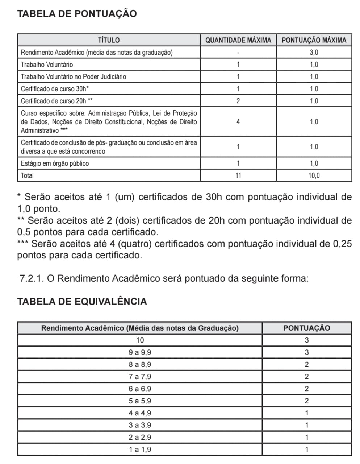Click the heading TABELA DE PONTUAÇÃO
[77, 14]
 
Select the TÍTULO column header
[109, 40]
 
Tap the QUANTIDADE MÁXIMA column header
[238, 40]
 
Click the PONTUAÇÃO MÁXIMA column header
[314, 40]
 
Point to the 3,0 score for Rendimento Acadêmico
[314, 52]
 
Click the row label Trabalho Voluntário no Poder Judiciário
[74, 76]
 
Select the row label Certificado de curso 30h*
[55, 89]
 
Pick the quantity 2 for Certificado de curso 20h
[238, 101]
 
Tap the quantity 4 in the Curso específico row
[238, 122]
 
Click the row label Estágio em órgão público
[55, 163]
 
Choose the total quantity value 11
[238, 175]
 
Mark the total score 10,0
[314, 175]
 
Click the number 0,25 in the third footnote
[342, 244]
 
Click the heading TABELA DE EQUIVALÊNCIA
[82, 302]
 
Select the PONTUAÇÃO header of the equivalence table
[306, 328]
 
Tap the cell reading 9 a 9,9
[140, 352]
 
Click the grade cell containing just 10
[140, 340]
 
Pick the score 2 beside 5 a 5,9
[306, 401]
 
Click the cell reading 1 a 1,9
[140, 449]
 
